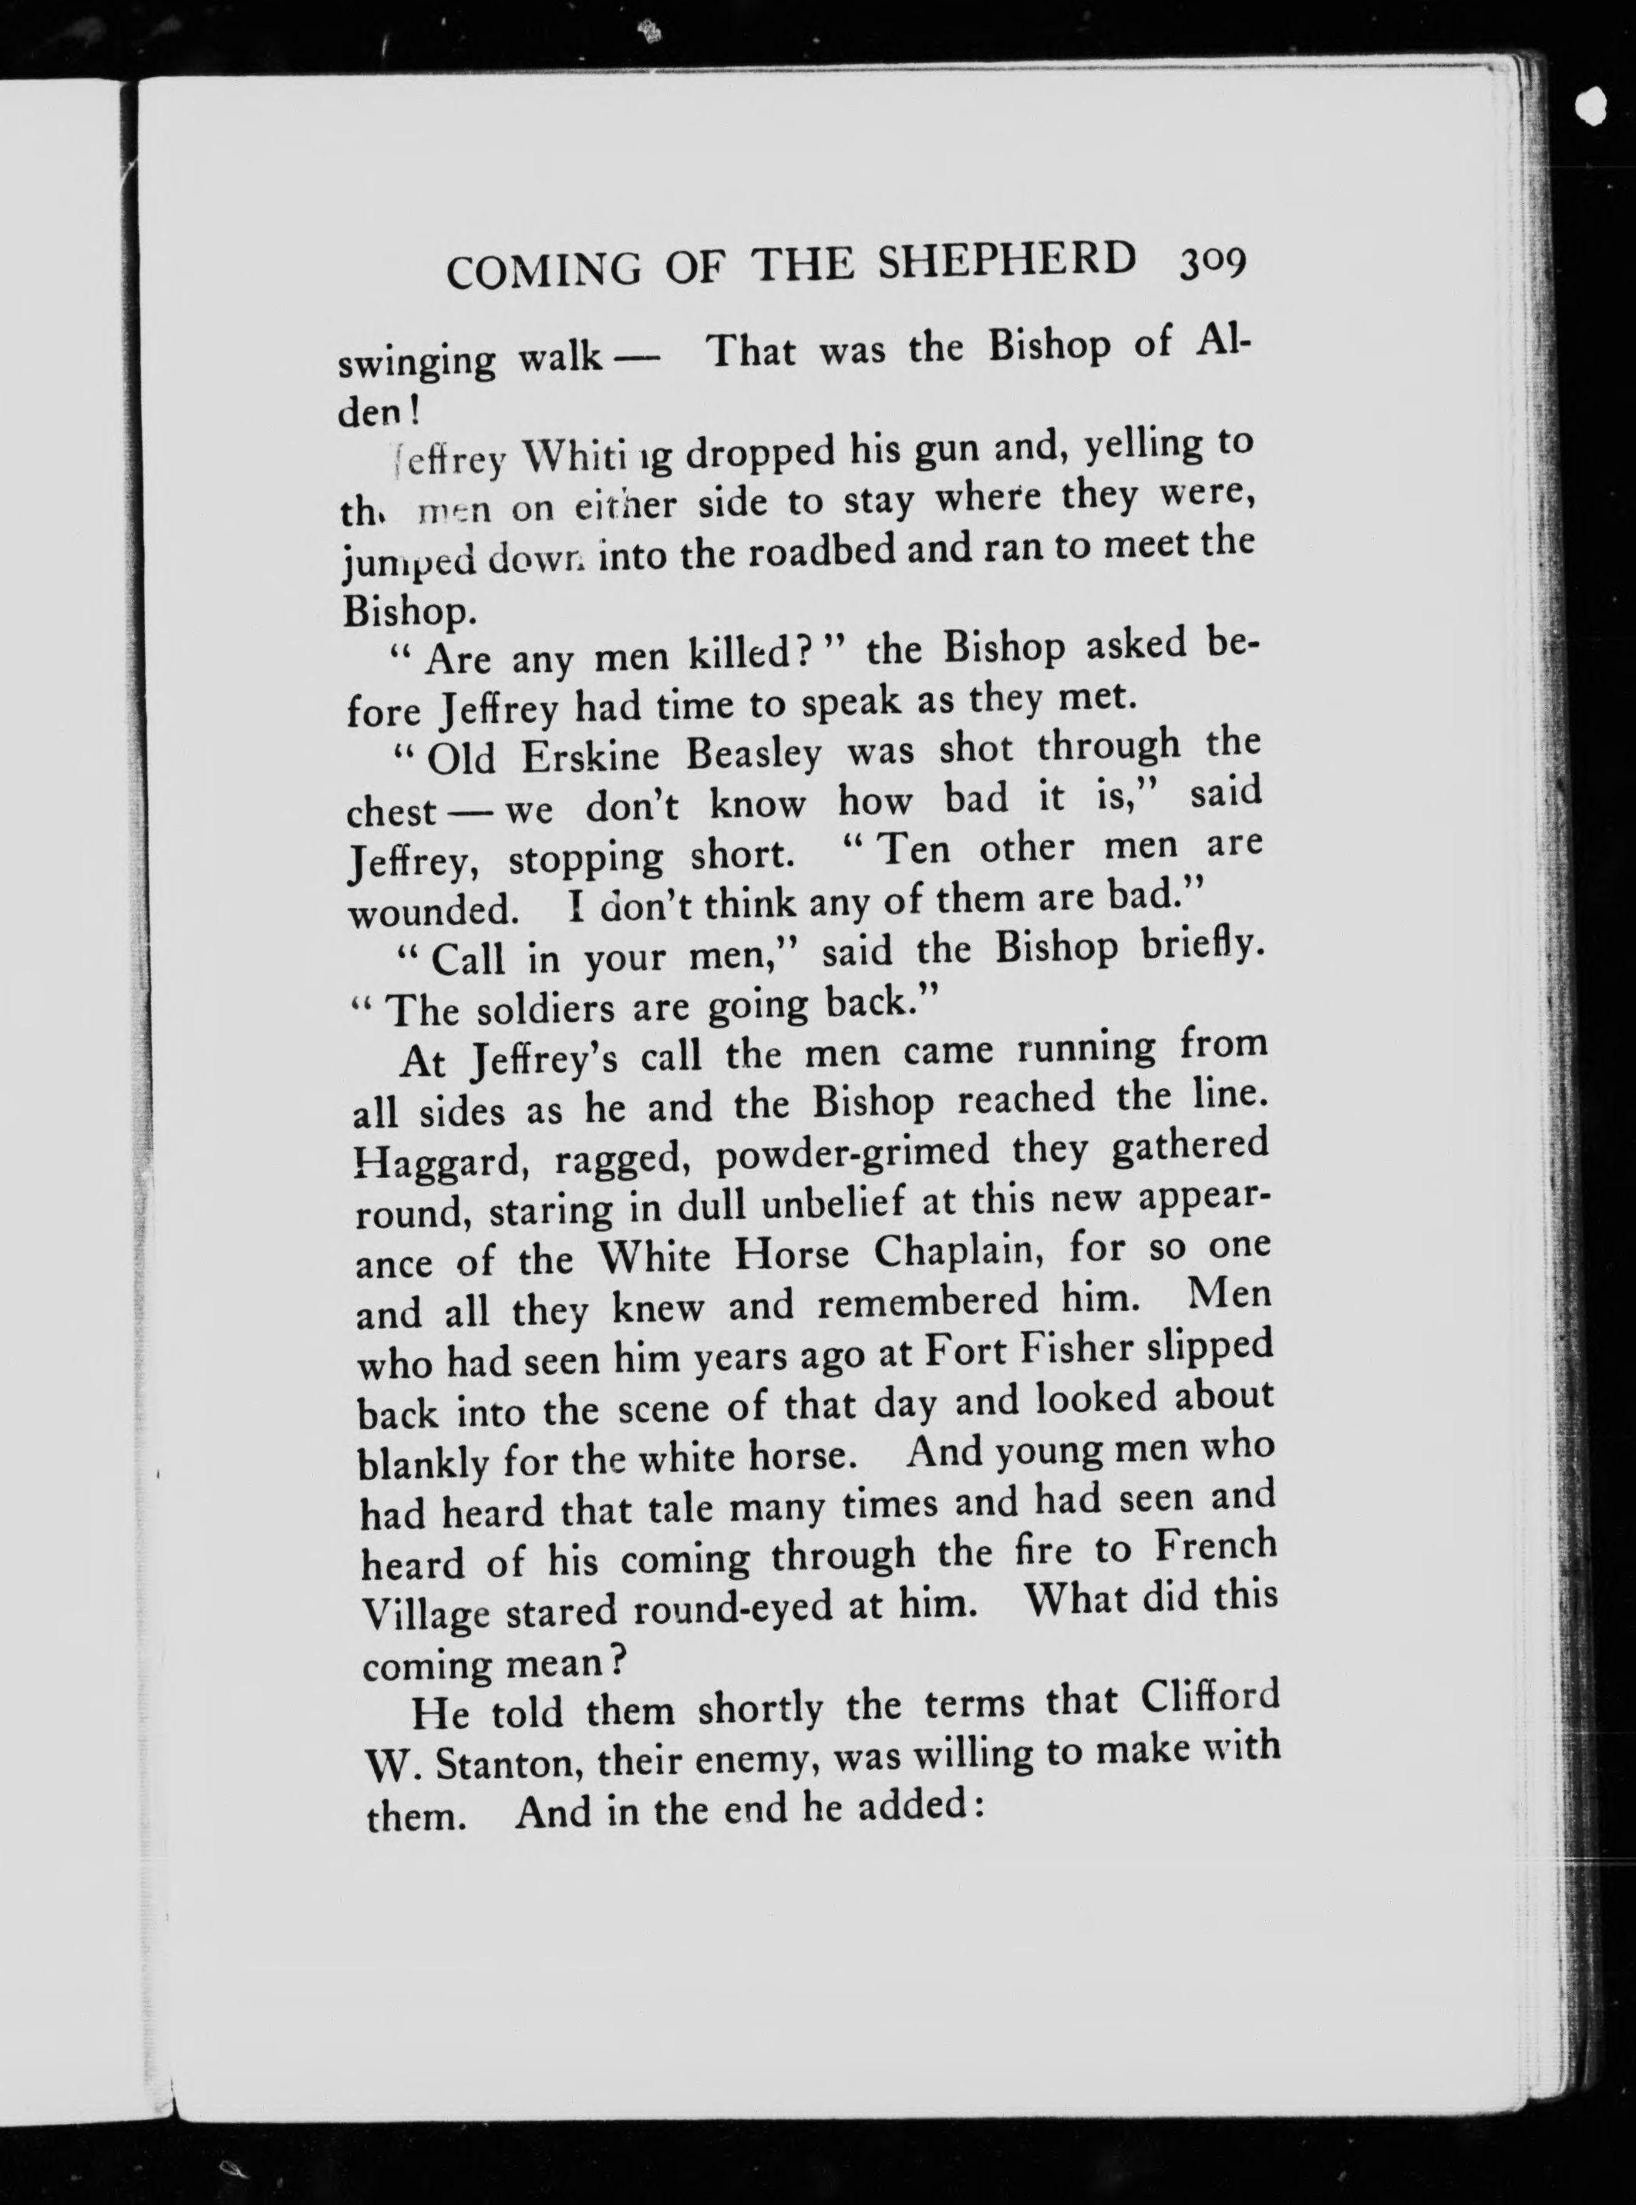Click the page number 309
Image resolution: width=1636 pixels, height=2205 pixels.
click(x=1210, y=264)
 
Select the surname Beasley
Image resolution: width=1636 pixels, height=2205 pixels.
click(x=754, y=755)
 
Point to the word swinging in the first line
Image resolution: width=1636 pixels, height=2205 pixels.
click(x=417, y=362)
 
